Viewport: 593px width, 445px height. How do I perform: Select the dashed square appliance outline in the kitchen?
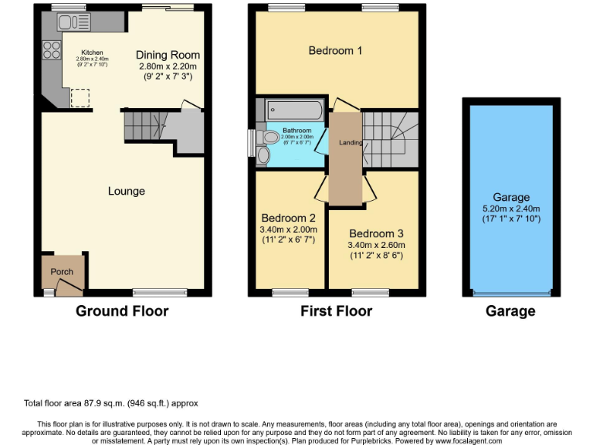(x=80, y=98)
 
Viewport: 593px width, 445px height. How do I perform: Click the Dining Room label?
(x=168, y=55)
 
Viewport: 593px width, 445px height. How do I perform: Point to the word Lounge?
(x=126, y=191)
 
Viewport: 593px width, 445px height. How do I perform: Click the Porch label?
(x=62, y=272)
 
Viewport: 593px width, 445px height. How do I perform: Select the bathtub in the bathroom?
(x=294, y=110)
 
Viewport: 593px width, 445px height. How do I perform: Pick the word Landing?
(x=344, y=142)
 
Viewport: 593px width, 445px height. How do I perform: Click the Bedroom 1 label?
(x=335, y=51)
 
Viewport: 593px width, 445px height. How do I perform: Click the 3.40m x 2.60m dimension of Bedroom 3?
(x=375, y=245)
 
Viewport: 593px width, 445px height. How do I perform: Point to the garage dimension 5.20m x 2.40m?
(x=510, y=209)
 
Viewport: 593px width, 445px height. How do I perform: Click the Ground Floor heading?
(x=121, y=311)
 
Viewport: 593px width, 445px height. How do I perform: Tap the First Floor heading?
(x=336, y=311)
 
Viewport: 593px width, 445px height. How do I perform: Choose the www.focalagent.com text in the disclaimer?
(x=459, y=441)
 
